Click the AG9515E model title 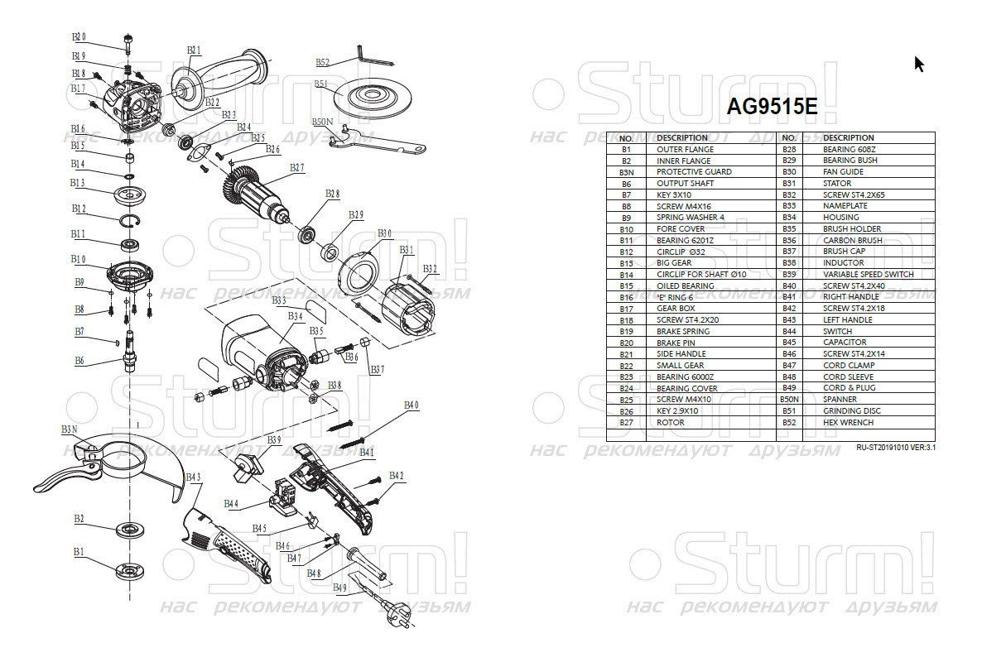tap(772, 107)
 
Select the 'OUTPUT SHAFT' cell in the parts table tap(685, 184)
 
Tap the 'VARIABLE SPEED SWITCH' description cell tap(868, 274)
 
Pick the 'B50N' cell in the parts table tap(788, 400)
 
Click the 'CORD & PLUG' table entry tap(849, 388)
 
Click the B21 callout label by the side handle tap(194, 50)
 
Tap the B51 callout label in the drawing tap(321, 84)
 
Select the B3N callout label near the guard tap(69, 429)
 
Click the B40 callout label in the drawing tap(412, 405)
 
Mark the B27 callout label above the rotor tap(296, 168)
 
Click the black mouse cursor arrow tap(918, 64)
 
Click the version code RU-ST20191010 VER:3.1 tap(900, 448)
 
